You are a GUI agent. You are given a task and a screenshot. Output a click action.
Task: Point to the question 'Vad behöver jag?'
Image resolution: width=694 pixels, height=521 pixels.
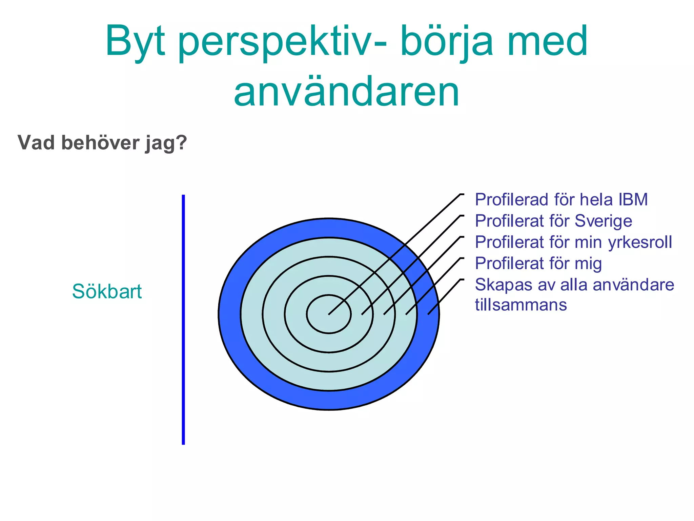pos(102,143)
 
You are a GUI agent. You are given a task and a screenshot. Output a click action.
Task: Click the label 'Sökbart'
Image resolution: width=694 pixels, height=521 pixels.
pos(107,291)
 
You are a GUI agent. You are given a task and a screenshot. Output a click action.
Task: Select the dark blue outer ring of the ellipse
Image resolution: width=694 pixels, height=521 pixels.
pos(329,400)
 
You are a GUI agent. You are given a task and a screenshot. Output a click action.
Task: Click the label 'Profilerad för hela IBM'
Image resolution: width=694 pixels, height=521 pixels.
pos(561,199)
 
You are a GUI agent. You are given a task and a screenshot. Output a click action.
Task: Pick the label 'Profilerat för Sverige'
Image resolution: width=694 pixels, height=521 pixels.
pos(553,221)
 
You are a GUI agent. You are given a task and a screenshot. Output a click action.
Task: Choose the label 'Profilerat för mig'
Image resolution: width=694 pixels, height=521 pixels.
pos(538,264)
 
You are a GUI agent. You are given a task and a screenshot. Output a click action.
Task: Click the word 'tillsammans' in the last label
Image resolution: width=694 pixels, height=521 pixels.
pos(521,305)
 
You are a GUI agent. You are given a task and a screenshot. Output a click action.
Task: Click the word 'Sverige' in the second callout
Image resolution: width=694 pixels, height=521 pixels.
pos(603,221)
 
